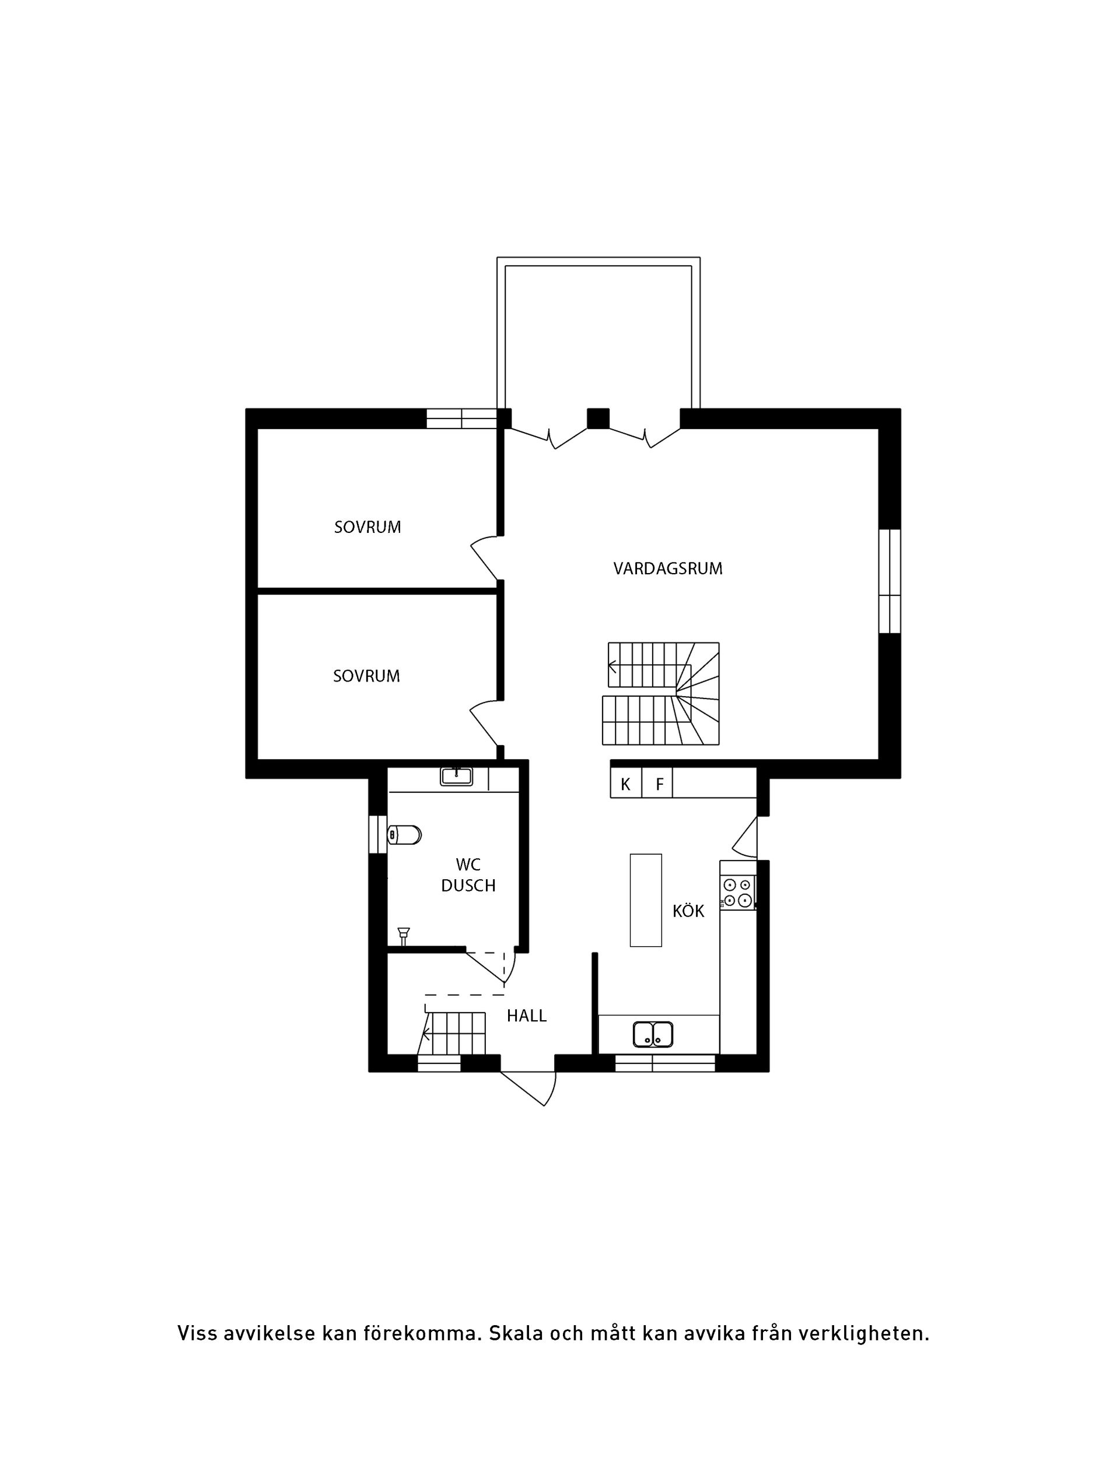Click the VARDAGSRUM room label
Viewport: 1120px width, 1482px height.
[667, 569]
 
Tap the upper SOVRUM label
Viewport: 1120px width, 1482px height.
[367, 527]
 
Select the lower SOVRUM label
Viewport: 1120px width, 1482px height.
[366, 676]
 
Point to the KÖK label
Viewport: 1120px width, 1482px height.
[688, 911]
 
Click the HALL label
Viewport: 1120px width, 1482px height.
[526, 1016]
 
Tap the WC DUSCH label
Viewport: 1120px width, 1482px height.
[468, 875]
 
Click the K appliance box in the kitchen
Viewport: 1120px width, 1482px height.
[625, 785]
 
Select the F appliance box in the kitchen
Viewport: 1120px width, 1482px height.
[659, 785]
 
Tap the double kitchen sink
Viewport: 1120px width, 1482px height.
[652, 1034]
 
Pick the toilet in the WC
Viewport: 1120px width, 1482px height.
[404, 835]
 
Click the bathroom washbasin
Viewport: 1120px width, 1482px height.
[456, 777]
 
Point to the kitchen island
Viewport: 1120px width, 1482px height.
[645, 900]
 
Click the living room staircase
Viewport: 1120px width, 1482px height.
[662, 693]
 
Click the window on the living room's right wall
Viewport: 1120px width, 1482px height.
[890, 581]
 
